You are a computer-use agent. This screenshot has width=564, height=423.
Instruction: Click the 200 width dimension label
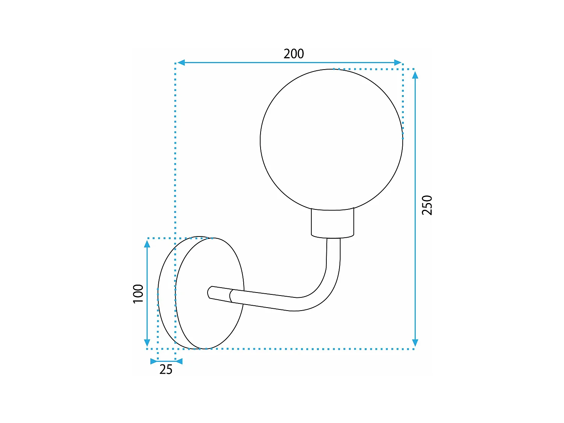coord(294,54)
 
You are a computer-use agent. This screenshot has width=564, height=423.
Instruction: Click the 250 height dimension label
coord(427,205)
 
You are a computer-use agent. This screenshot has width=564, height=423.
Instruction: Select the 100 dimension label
coord(138,294)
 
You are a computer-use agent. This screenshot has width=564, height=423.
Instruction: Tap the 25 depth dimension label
coord(166,370)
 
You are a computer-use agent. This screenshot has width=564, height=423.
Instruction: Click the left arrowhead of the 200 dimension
coord(181,62)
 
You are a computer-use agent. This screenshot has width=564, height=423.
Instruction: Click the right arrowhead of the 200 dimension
coord(398,62)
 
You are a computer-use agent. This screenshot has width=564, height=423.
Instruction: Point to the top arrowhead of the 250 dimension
coord(415,75)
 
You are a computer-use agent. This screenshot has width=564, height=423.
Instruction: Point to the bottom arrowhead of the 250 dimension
coord(415,343)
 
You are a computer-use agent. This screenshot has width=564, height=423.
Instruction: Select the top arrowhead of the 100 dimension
coord(147,244)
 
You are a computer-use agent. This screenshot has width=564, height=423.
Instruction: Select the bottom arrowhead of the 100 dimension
coord(147,343)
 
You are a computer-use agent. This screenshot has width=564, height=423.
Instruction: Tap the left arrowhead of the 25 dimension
coord(154,361)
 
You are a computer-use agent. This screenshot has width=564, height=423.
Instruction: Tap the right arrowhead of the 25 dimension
coord(179,361)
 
